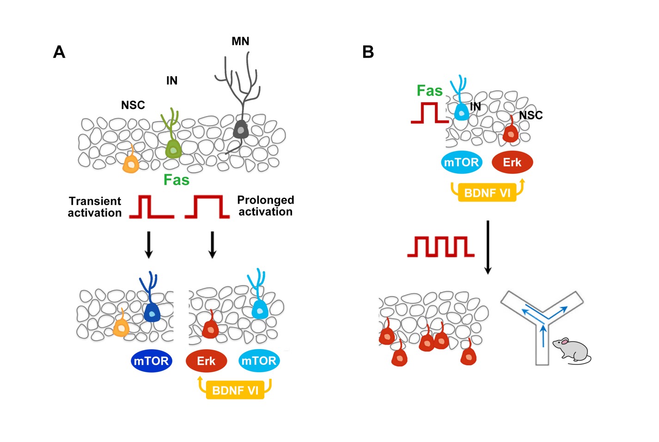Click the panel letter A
tap(59, 52)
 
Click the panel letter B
tap(368, 52)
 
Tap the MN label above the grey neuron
tap(240, 42)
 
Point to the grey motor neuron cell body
tap(241, 129)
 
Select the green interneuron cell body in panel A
tap(173, 149)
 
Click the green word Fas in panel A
tap(177, 180)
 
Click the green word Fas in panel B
tap(429, 91)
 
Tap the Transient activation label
tap(95, 207)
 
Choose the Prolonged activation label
tap(265, 206)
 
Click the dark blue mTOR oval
tap(151, 361)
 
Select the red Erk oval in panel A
tap(206, 361)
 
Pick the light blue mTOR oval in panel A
tap(259, 361)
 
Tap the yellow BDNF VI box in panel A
tap(235, 390)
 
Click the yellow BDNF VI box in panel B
tap(487, 193)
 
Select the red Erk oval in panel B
tap(512, 163)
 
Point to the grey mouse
tap(572, 350)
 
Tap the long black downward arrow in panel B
tap(488, 247)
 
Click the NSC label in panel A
tap(133, 105)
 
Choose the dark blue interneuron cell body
tap(152, 313)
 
